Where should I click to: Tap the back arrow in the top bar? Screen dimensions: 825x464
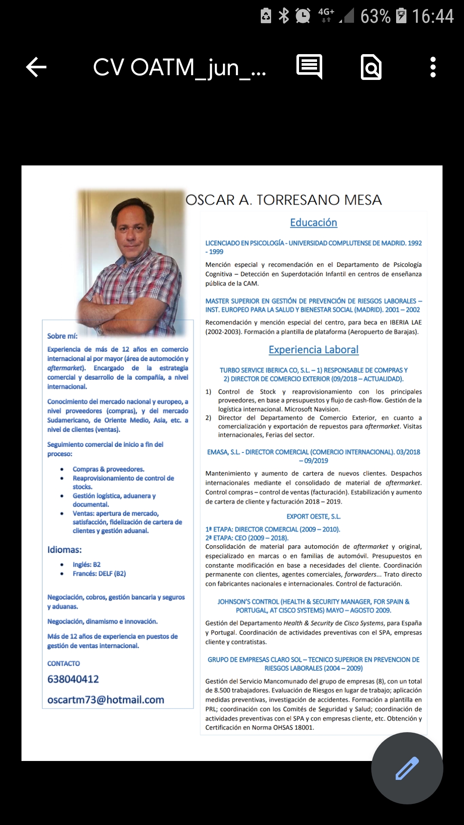coord(37,67)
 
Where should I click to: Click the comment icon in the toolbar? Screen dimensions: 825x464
coord(309,67)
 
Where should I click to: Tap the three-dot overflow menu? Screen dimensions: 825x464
coord(433,67)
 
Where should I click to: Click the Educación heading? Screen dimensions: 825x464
coord(314,223)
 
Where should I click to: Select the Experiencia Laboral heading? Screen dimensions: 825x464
coord(314,350)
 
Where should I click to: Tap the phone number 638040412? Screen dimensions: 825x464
coord(73,679)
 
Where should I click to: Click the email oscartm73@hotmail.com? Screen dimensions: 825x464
coord(106,700)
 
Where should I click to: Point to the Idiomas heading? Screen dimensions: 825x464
coord(64,550)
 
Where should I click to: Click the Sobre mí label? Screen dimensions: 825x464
coord(62,336)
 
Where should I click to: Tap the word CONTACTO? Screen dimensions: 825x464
coord(64,663)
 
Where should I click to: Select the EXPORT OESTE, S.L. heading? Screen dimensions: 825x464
coord(314,516)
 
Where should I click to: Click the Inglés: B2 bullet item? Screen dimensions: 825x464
coord(86,565)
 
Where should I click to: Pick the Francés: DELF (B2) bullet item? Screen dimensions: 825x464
coord(99,574)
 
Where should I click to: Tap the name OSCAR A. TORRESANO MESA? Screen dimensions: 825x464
coord(284,200)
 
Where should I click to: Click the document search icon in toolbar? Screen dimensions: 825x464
coord(371,67)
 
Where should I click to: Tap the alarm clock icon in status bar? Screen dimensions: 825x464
coord(303,16)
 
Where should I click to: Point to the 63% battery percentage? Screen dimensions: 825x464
coord(375,16)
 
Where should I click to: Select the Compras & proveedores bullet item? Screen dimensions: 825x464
coord(108,469)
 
